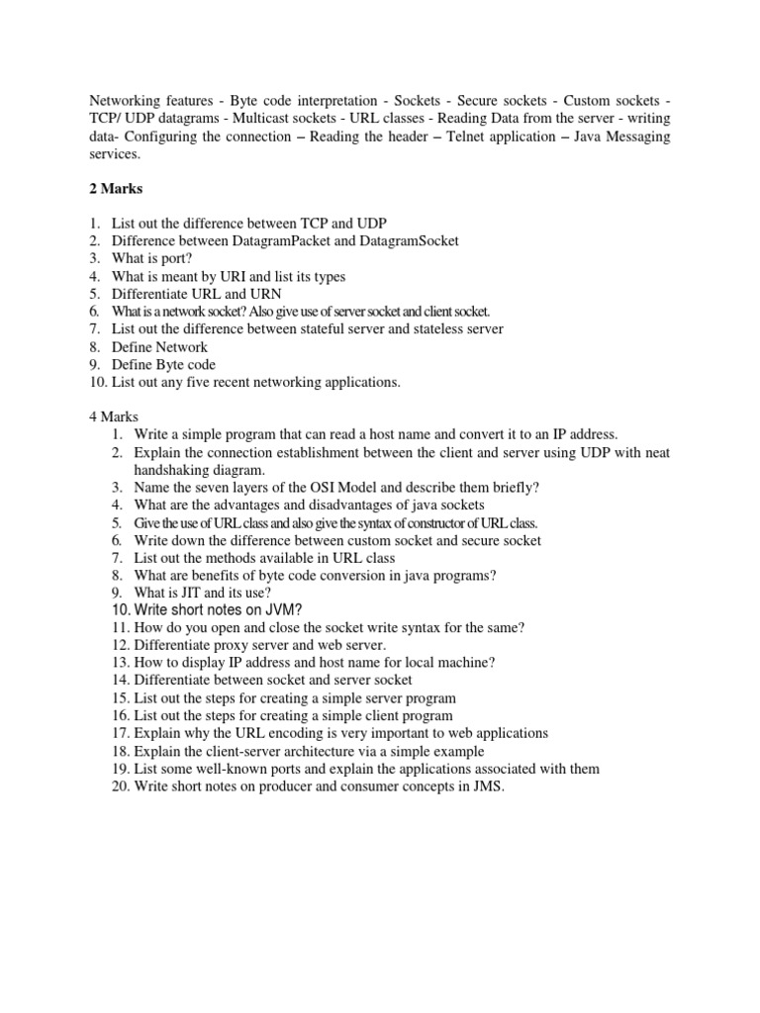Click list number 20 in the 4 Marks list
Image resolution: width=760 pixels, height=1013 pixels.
(121, 786)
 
